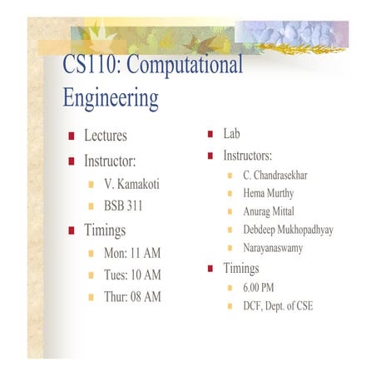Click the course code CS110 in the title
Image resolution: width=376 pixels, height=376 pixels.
pyautogui.click(x=88, y=64)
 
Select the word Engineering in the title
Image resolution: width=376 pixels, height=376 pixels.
pyautogui.click(x=111, y=98)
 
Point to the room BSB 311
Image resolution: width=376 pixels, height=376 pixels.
pyautogui.click(x=122, y=205)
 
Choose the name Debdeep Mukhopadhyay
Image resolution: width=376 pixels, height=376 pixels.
pyautogui.click(x=288, y=230)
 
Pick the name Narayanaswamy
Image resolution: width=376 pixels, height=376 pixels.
pyautogui.click(x=273, y=248)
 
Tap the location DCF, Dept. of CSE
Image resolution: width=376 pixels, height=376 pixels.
pyautogui.click(x=278, y=305)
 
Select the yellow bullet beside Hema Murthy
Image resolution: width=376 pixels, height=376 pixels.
pyautogui.click(x=230, y=194)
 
